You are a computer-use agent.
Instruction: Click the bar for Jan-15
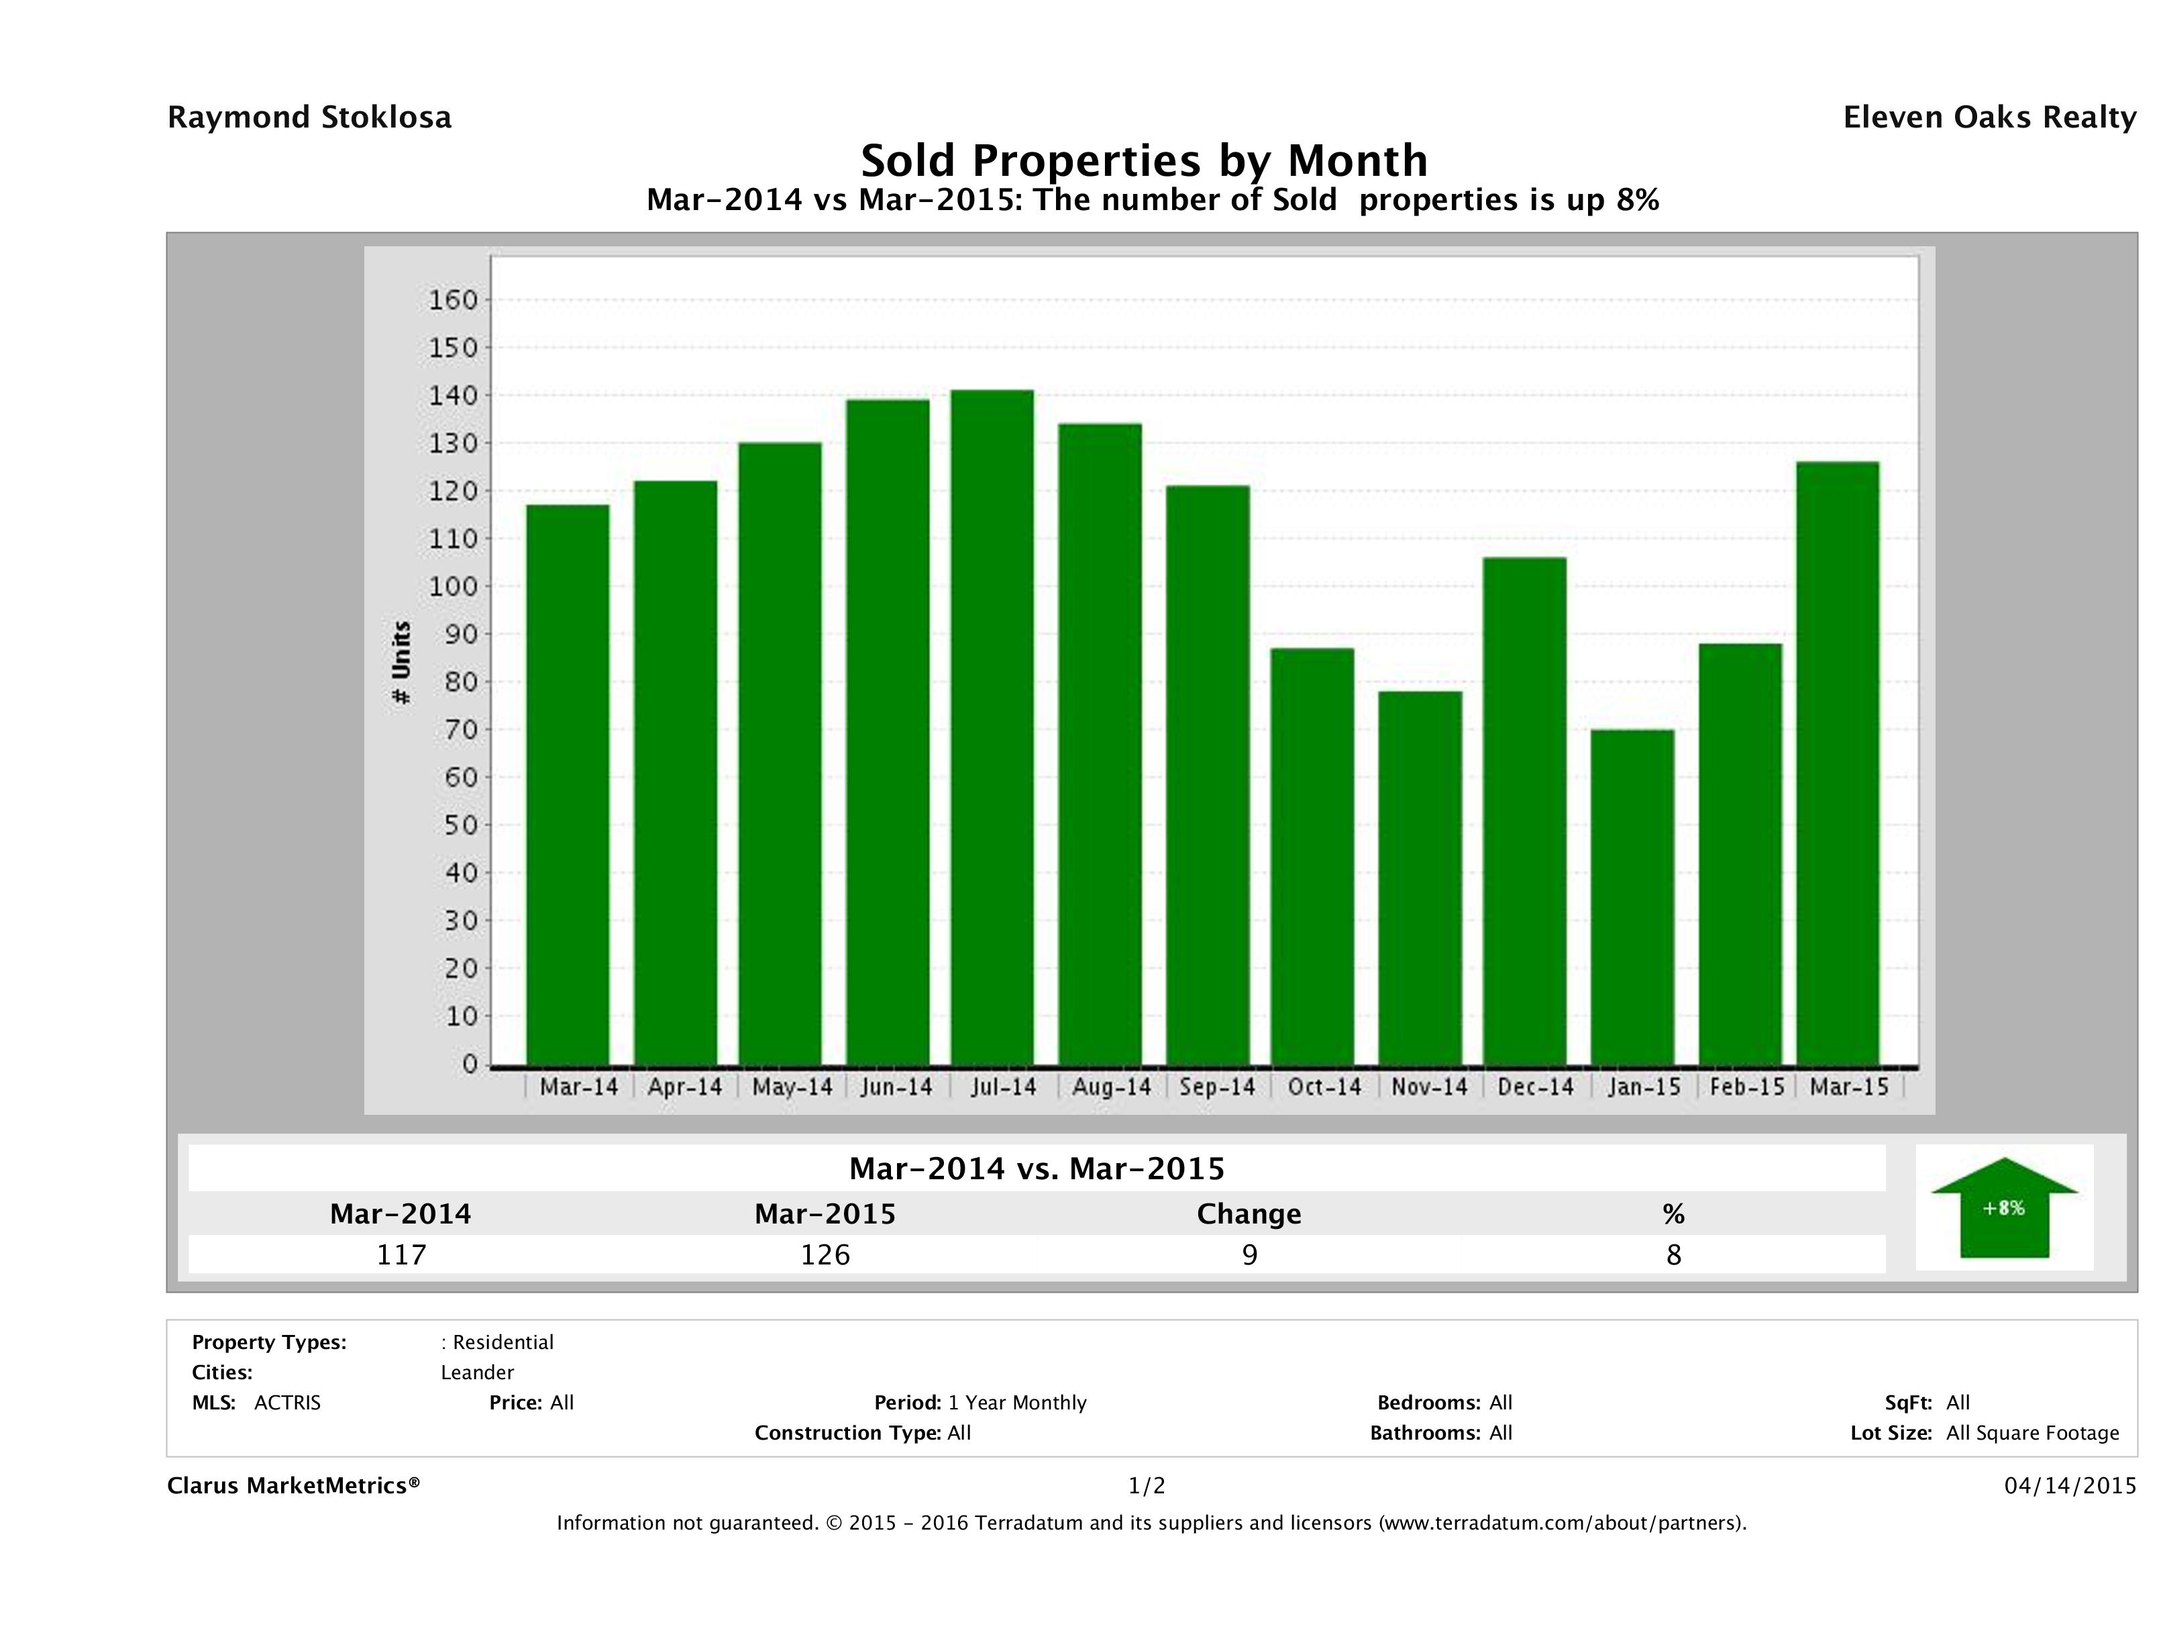[1632, 896]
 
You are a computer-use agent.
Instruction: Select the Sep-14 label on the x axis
[1216, 1087]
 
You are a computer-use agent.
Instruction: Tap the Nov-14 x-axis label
[1429, 1087]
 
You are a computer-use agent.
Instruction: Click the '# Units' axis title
[401, 662]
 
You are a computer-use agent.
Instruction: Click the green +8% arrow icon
[2003, 1207]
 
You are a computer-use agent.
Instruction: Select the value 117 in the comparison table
[401, 1254]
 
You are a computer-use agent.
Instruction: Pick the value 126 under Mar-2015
[825, 1254]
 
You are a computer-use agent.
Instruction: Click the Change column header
[1249, 1214]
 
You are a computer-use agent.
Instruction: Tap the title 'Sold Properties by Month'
[1143, 160]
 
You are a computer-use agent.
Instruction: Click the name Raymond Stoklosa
[309, 117]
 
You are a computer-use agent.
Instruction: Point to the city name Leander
[476, 1373]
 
